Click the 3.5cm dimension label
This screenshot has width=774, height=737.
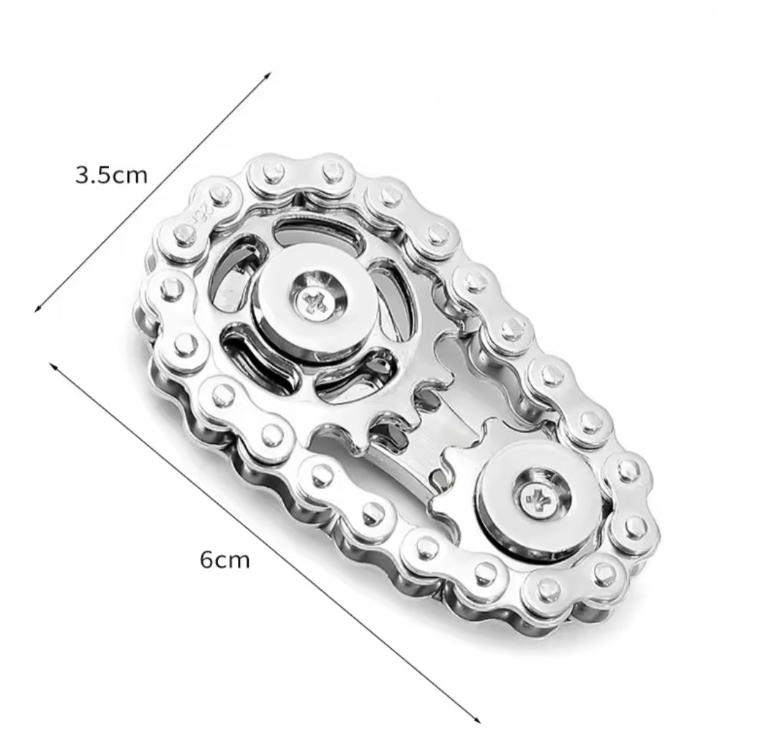coord(111,175)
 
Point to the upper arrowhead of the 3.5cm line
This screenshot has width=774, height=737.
coord(267,75)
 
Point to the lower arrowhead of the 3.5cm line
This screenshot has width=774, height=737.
coord(38,309)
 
